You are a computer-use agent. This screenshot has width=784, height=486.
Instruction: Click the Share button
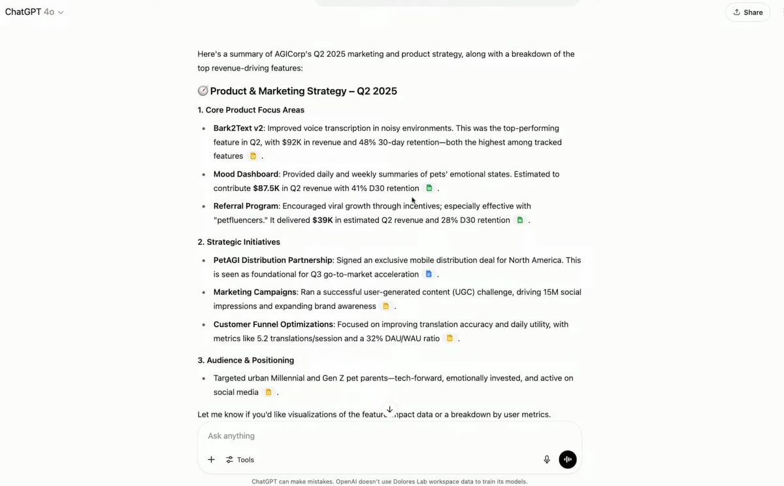pyautogui.click(x=747, y=12)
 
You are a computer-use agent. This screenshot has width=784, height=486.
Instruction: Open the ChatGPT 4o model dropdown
pyautogui.click(x=35, y=12)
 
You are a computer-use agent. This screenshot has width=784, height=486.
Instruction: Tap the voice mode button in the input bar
pyautogui.click(x=568, y=459)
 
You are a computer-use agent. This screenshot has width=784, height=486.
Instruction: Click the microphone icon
pyautogui.click(x=547, y=459)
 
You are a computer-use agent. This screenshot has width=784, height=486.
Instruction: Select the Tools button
pyautogui.click(x=240, y=460)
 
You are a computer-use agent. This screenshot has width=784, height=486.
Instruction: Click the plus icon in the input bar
pyautogui.click(x=211, y=460)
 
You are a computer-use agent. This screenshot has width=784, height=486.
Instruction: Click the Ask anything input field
pyautogui.click(x=366, y=436)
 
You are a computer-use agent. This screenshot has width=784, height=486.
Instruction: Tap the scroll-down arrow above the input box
pyautogui.click(x=389, y=409)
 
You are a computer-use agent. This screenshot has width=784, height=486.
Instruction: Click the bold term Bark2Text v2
pyautogui.click(x=238, y=128)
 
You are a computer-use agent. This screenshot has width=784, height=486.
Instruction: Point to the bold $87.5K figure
pyautogui.click(x=266, y=188)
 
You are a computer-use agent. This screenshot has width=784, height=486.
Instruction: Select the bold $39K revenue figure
pyautogui.click(x=322, y=220)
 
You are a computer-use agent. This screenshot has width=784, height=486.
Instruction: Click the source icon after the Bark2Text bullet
pyautogui.click(x=253, y=156)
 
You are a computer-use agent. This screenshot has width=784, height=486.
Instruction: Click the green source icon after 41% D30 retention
pyautogui.click(x=429, y=188)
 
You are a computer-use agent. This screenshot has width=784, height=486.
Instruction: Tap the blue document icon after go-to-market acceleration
pyautogui.click(x=429, y=274)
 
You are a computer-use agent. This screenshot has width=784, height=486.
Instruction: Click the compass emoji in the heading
pyautogui.click(x=203, y=91)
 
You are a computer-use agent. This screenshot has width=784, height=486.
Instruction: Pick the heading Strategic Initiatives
pyautogui.click(x=238, y=242)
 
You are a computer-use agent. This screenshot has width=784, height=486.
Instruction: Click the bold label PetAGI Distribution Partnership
pyautogui.click(x=272, y=260)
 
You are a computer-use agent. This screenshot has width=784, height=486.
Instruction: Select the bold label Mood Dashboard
pyautogui.click(x=246, y=175)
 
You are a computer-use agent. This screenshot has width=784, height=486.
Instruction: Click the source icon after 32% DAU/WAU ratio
pyautogui.click(x=449, y=339)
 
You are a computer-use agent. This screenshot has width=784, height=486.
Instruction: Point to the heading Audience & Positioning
pyautogui.click(x=246, y=360)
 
